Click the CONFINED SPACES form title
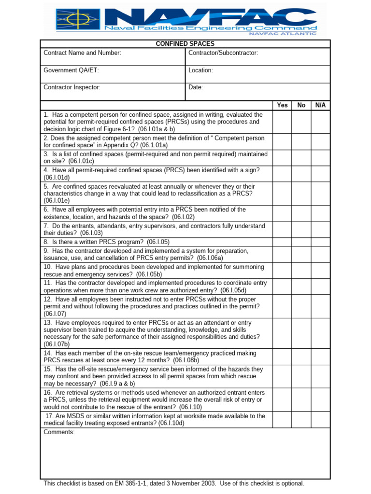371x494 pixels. click(185, 44)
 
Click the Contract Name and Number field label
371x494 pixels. click(82, 53)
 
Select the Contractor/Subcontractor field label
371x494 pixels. click(223, 53)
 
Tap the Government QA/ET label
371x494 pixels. click(71, 70)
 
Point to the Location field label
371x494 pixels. click(200, 70)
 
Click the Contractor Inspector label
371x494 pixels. click(72, 87)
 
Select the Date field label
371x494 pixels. click(196, 87)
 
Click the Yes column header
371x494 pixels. click(282, 105)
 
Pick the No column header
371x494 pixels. click(301, 105)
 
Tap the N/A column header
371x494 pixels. click(320, 105)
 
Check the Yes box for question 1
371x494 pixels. click(282, 122)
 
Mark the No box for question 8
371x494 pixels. click(301, 242)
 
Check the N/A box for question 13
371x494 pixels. click(320, 333)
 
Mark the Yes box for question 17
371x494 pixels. click(282, 420)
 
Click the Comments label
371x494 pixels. click(59, 432)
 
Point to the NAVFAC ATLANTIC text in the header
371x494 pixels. click(283, 33)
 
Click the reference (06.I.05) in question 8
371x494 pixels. click(158, 242)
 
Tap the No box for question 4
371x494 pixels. click(301, 174)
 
